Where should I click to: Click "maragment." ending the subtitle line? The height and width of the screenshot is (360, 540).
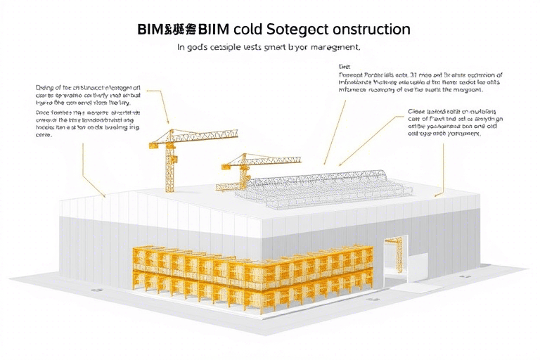[x=335, y=49]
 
